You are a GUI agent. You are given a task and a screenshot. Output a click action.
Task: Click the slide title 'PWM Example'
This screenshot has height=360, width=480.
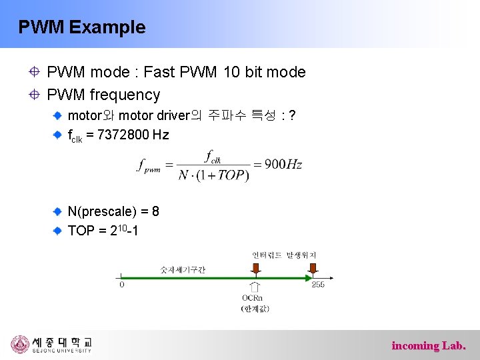[81, 27]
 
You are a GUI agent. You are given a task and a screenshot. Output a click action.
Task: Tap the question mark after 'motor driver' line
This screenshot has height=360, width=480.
[292, 116]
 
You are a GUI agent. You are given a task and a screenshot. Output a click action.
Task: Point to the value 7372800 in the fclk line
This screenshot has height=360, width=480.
[123, 135]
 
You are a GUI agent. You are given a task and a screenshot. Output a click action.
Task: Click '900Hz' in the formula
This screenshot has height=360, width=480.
[283, 164]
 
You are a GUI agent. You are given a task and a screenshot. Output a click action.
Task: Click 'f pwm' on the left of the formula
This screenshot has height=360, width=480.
[149, 165]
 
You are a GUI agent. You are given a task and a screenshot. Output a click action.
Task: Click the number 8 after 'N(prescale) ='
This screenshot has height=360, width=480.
[155, 211]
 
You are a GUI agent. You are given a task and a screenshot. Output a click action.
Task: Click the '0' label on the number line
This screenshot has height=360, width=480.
[121, 285]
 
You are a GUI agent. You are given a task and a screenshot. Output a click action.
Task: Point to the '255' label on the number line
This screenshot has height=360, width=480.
[318, 285]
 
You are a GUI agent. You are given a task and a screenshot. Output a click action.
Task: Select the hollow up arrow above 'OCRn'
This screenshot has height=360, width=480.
[255, 285]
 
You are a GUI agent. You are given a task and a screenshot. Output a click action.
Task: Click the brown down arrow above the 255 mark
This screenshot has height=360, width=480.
[311, 267]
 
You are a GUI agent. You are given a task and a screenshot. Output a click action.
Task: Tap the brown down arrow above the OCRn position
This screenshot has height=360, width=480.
[255, 267]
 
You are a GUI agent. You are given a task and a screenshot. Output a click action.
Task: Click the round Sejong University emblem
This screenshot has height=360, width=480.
[20, 344]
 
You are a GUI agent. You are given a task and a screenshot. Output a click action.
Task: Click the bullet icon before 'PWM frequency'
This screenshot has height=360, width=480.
[33, 95]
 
